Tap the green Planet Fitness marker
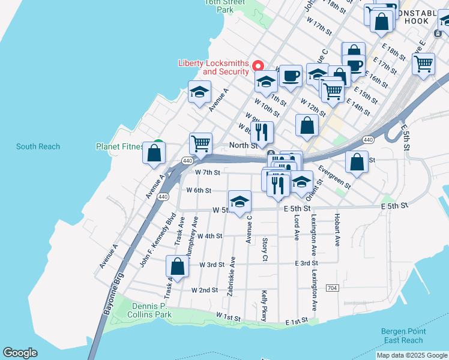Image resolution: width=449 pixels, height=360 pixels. pos(158,145)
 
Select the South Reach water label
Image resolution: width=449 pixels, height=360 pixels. pos(38,146)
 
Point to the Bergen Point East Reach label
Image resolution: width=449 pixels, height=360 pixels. pos(403,336)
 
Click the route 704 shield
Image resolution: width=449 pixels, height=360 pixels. pos(332,289)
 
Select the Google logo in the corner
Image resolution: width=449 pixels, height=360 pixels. pos(20,353)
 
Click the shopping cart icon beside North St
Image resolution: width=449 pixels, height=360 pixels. pos(200,143)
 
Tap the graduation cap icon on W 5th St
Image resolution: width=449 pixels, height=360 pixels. pos(240,202)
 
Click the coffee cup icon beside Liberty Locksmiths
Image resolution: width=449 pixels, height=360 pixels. pos(291,76)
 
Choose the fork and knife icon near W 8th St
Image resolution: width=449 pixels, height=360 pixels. pos(262,132)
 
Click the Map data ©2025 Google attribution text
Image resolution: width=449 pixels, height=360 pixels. pos(411,355)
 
